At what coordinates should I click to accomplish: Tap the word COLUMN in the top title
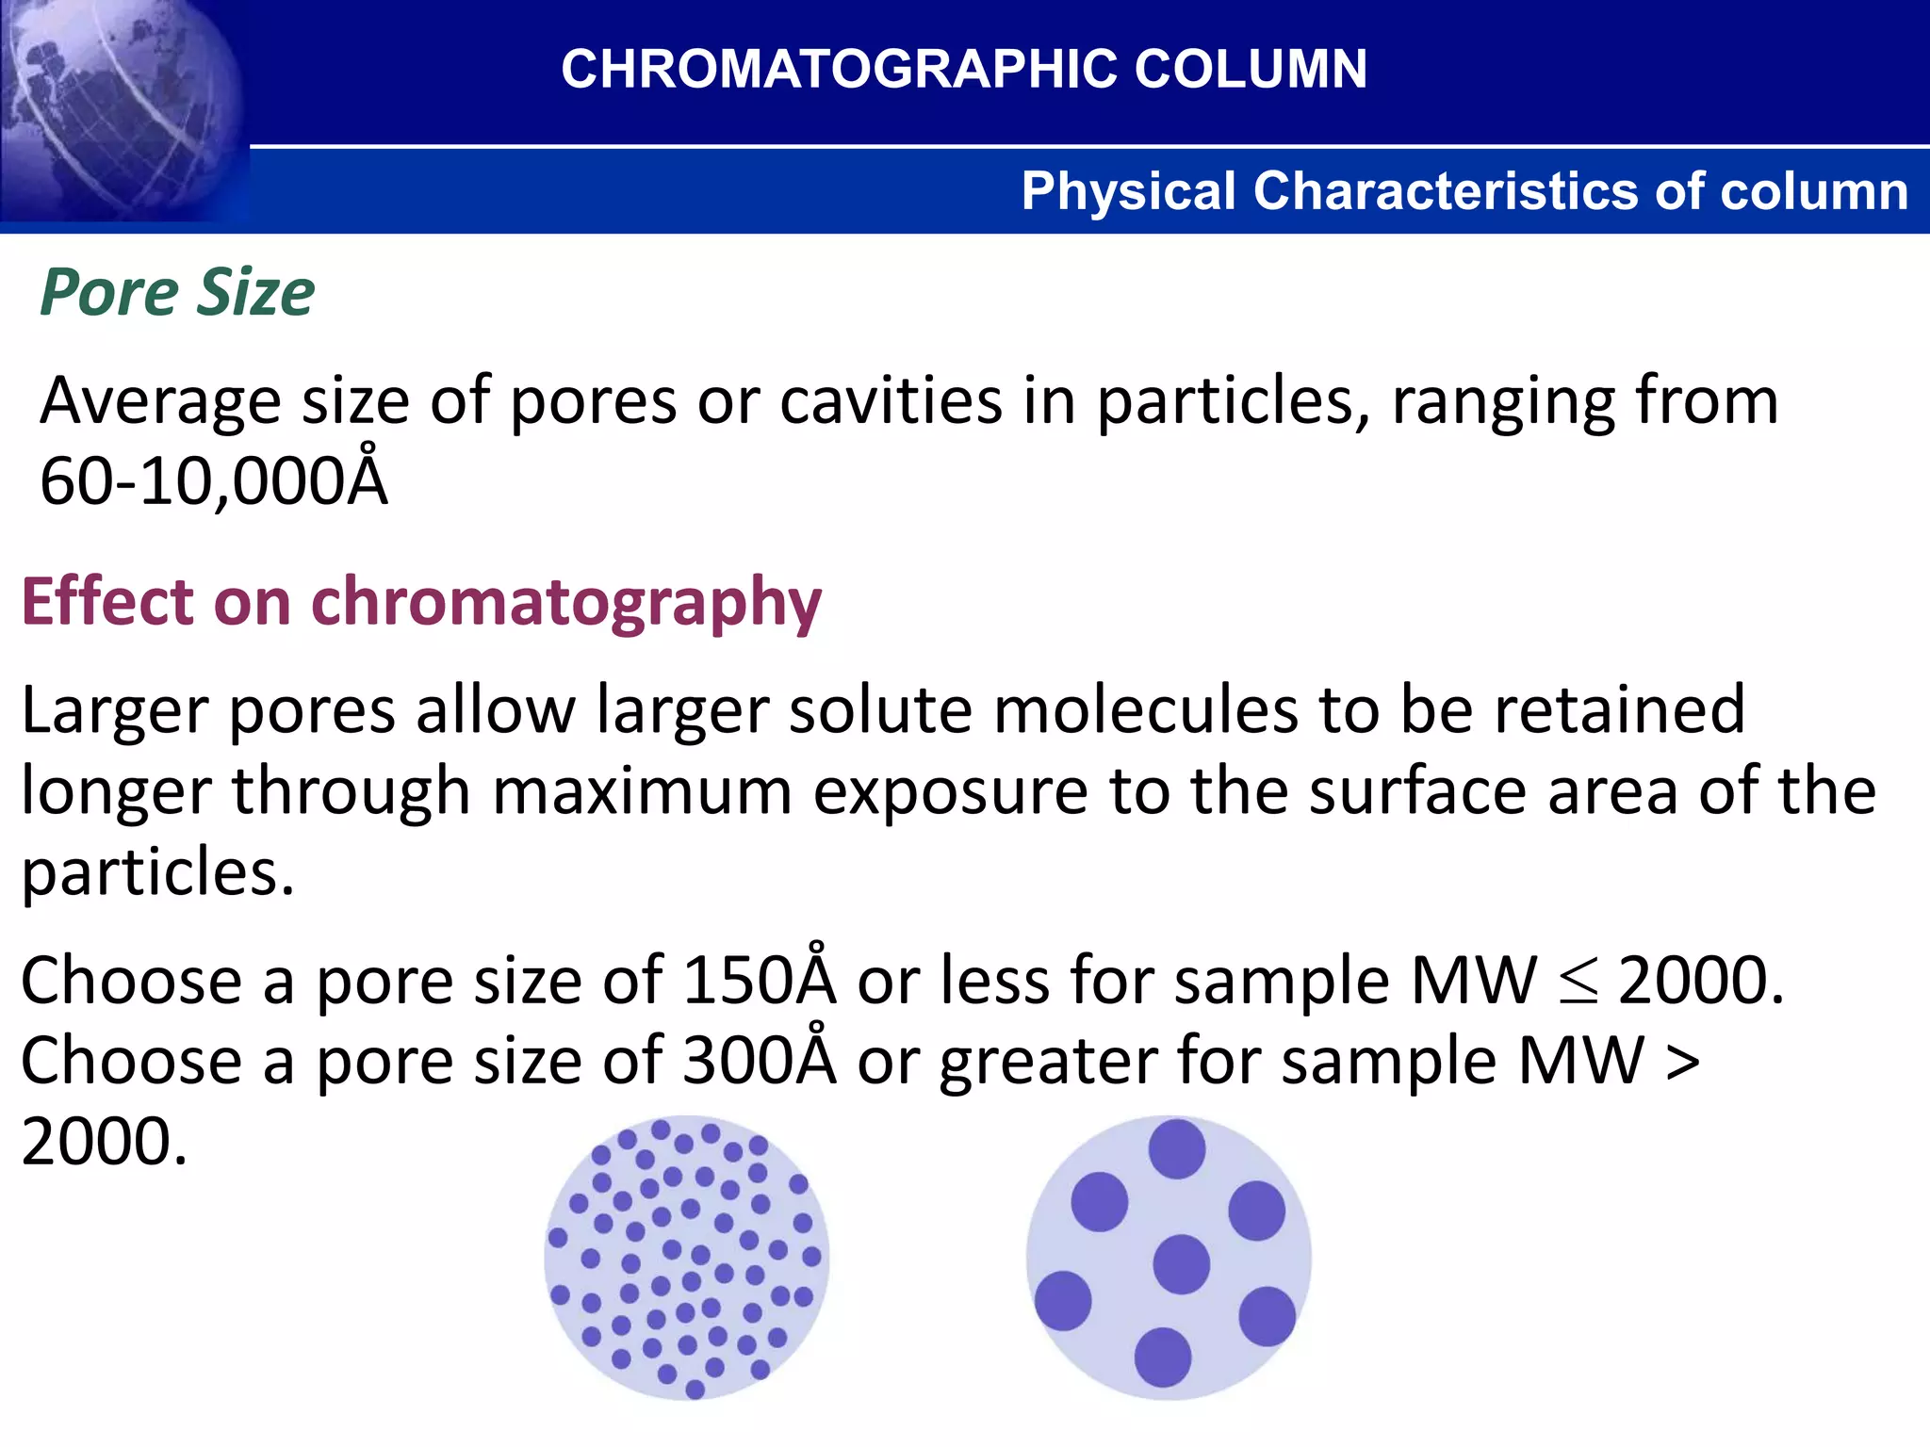[1251, 69]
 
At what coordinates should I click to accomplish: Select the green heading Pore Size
[177, 292]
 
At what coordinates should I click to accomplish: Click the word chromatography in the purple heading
[565, 603]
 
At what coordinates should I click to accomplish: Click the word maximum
[641, 791]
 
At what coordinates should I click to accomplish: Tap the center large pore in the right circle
[1181, 1264]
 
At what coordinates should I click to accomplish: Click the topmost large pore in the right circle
[1177, 1148]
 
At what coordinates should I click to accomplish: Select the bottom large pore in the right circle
[1163, 1357]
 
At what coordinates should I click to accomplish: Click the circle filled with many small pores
[686, 1258]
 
